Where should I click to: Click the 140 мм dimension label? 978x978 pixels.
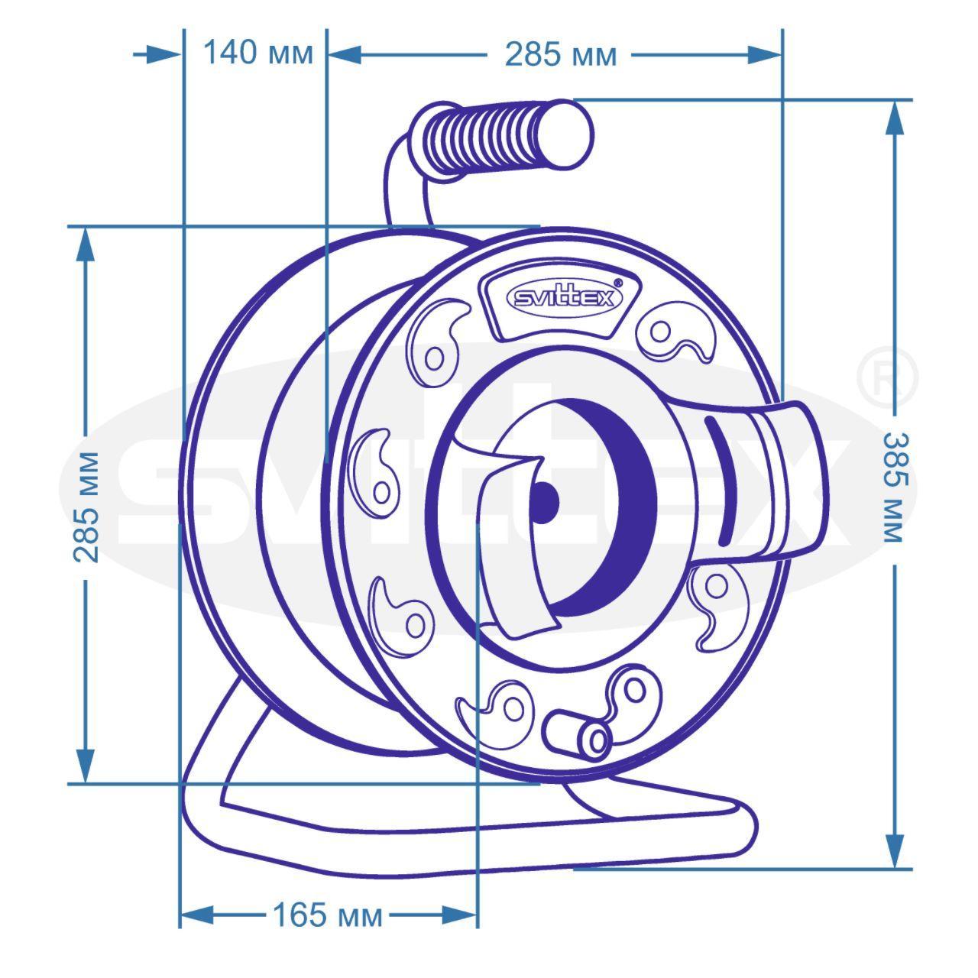tap(258, 53)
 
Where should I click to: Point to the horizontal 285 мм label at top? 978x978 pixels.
tap(561, 55)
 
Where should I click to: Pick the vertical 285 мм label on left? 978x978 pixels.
tap(86, 507)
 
